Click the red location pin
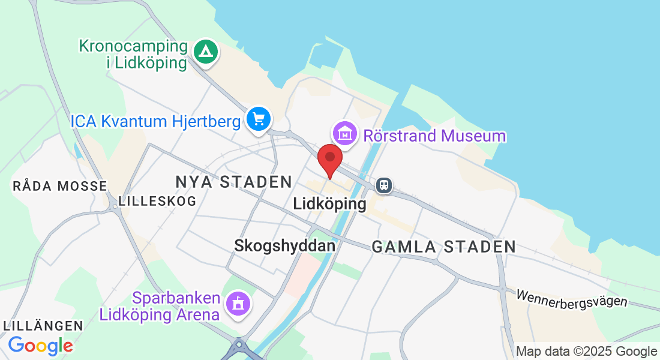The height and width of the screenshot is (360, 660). pos(329,158)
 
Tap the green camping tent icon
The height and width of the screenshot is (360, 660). pos(206,52)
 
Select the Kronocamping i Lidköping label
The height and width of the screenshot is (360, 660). pos(133,55)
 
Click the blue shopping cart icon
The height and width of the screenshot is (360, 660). pos(259,119)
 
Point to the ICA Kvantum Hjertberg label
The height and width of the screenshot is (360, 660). pos(155,121)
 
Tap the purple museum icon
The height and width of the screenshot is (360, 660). pos(346,134)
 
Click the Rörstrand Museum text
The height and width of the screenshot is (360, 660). pos(434,136)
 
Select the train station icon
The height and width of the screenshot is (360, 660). pos(384,185)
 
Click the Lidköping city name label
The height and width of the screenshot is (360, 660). pos(329,204)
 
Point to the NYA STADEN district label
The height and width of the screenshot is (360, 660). pos(233,182)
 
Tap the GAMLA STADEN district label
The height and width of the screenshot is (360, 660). pos(443,246)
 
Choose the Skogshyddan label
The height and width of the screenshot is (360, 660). pos(284,245)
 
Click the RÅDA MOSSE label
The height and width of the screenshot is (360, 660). pos(59,186)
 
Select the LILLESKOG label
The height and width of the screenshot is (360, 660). pos(157,201)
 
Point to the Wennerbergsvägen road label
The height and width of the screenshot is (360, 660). pos(571,298)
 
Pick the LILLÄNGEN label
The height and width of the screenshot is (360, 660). pos(43,326)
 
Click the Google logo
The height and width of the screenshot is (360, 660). pos(41,346)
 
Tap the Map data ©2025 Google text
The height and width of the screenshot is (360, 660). pos(586,351)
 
